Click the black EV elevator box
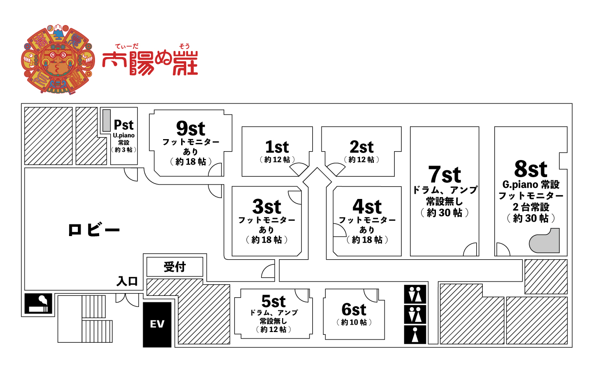pos(157,324)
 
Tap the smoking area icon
pos(38,303)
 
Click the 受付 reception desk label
pos(175,267)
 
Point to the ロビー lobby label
pos(94,230)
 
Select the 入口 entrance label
pos(127,281)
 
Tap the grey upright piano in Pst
pos(107,120)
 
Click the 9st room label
pos(190,128)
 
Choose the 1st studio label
pos(277,147)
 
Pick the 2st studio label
pos(361,147)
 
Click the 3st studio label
pos(266,206)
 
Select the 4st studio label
pos(367,206)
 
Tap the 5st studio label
pos(273,301)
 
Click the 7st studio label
pos(444,175)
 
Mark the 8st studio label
pos(530,169)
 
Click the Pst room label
pos(124,125)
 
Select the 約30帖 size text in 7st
pos(444,213)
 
